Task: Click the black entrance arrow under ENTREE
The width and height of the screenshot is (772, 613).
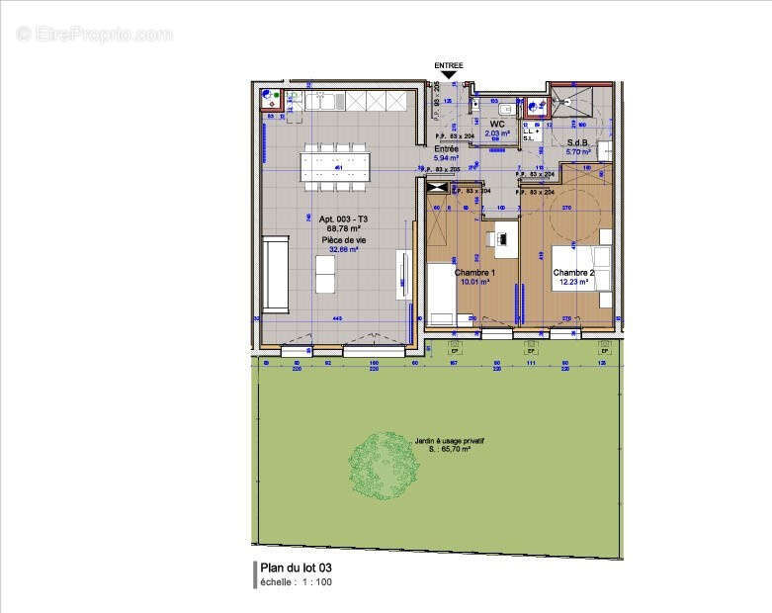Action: click(449, 74)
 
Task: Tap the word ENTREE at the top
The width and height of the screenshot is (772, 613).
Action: click(449, 64)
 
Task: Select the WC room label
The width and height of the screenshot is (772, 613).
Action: click(498, 124)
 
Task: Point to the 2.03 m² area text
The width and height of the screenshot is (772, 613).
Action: click(498, 132)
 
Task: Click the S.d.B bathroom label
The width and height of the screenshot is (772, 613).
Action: click(578, 143)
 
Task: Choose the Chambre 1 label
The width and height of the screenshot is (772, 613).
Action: click(473, 272)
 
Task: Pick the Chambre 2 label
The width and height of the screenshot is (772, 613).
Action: click(572, 272)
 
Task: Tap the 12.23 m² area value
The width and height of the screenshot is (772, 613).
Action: click(572, 282)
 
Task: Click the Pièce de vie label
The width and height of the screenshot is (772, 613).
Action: click(338, 240)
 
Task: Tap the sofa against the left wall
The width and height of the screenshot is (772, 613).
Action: click(275, 265)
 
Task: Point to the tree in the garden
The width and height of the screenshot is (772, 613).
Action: click(383, 464)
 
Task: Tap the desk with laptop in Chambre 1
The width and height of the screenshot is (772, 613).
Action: click(501, 238)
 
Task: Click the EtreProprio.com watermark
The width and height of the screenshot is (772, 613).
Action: click(95, 34)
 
